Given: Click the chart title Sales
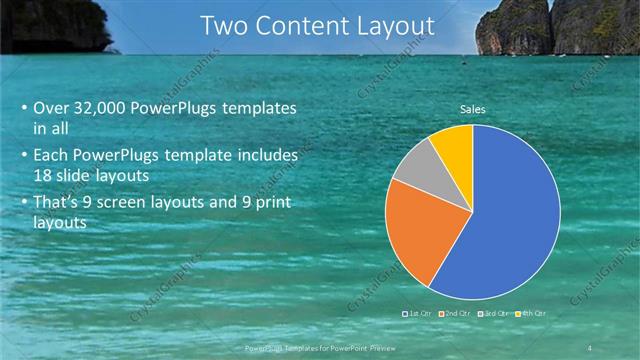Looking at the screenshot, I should tap(473, 109).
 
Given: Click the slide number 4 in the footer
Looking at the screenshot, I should tap(590, 346).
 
